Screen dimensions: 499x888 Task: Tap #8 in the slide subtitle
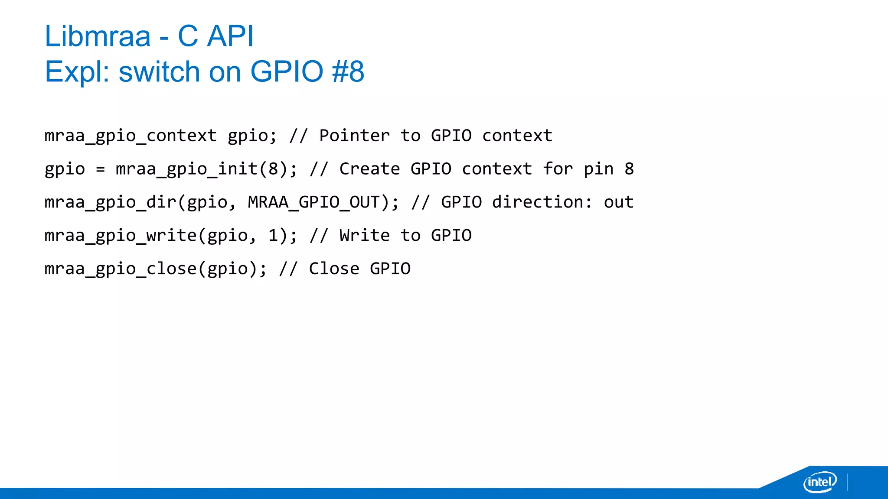pyautogui.click(x=348, y=71)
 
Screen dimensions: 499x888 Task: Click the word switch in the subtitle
pyautogui.click(x=159, y=71)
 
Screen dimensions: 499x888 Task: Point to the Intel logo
pyautogui.click(x=819, y=482)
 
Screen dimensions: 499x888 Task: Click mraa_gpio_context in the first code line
pyautogui.click(x=131, y=136)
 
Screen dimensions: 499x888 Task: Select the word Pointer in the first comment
pyautogui.click(x=354, y=136)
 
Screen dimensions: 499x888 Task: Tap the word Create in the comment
pyautogui.click(x=369, y=169)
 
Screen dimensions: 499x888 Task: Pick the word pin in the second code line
pyautogui.click(x=598, y=169)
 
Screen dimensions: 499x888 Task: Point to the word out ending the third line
pyautogui.click(x=619, y=202)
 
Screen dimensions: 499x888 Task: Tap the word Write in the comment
pyautogui.click(x=364, y=236)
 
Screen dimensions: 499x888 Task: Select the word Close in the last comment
pyautogui.click(x=334, y=269)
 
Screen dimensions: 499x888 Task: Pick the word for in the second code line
pyautogui.click(x=558, y=169)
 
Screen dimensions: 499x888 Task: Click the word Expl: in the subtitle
pyautogui.click(x=77, y=71)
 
